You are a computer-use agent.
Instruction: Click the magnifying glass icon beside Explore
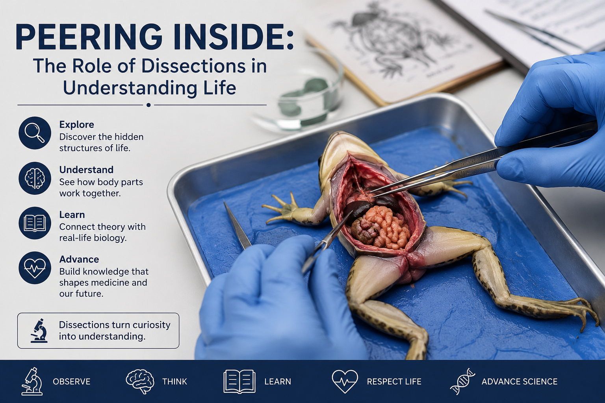click(35, 133)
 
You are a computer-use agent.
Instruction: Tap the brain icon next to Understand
click(35, 178)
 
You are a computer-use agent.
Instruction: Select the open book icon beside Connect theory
click(35, 223)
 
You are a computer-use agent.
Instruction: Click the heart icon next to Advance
click(35, 268)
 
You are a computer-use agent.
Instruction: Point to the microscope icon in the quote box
click(39, 331)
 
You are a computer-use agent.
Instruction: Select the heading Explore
click(77, 124)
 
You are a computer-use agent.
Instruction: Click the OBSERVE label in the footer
click(72, 381)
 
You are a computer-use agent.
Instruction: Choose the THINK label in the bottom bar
click(175, 381)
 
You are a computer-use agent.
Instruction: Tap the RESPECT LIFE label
click(394, 381)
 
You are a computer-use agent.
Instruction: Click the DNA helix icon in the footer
click(463, 381)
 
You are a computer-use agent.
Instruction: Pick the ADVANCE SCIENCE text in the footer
click(520, 381)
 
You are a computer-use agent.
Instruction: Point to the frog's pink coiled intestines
click(387, 227)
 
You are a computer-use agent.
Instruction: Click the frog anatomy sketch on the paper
click(389, 43)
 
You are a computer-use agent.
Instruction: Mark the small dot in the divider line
click(148, 105)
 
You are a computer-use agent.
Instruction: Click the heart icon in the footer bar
click(345, 381)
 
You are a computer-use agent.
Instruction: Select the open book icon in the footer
click(239, 381)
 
